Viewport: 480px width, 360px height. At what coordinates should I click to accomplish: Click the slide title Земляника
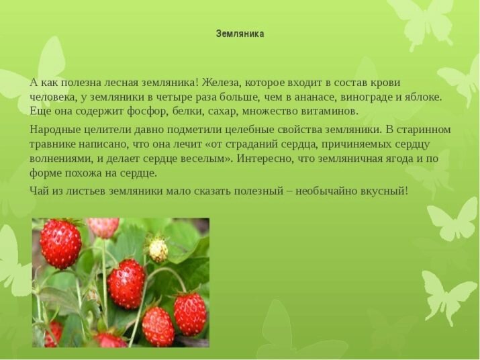tap(240, 34)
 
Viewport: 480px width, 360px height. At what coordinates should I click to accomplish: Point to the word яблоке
tap(422, 97)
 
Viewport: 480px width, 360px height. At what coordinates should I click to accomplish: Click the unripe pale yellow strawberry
tap(158, 250)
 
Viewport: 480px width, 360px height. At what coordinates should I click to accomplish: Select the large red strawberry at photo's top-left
tap(60, 243)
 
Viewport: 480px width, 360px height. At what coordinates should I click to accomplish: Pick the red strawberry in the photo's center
tap(126, 283)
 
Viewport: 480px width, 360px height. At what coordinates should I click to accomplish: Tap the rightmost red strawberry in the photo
tap(190, 313)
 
